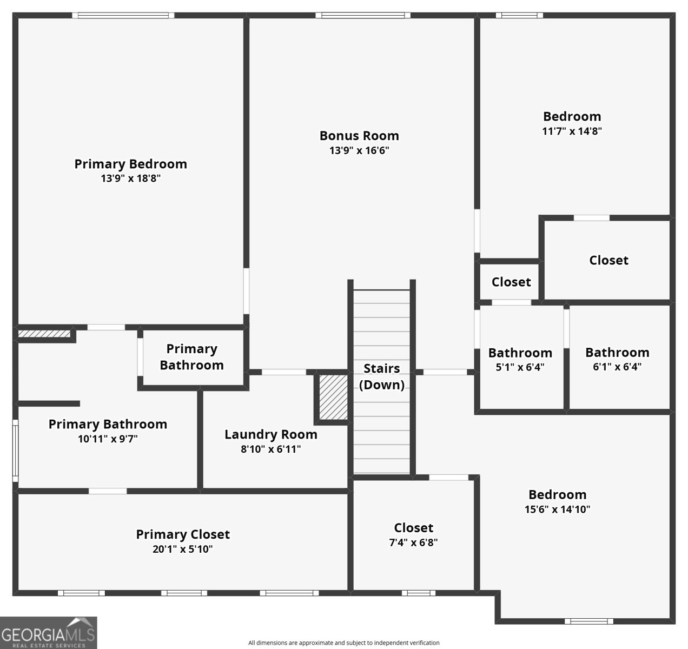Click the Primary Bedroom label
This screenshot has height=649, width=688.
[x=130, y=164]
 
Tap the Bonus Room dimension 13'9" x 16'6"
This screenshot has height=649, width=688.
[x=359, y=150]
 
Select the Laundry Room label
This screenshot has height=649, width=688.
[x=270, y=434]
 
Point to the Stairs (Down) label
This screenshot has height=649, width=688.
[x=381, y=376]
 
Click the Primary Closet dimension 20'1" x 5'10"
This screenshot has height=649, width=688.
[x=182, y=549]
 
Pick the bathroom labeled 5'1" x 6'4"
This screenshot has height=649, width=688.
[x=520, y=360]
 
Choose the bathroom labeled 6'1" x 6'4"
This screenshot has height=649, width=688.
[x=617, y=359]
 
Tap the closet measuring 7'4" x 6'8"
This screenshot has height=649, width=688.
[x=413, y=534]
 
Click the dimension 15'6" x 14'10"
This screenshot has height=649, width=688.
[x=557, y=509]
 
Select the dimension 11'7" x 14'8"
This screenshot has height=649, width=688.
[x=572, y=131]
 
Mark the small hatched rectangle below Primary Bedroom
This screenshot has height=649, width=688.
[x=44, y=334]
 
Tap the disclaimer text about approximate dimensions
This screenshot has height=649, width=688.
[x=343, y=643]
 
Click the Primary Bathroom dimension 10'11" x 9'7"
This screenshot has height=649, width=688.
[x=108, y=439]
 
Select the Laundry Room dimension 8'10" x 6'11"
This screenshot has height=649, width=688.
[x=270, y=449]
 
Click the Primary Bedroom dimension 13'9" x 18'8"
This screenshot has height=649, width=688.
[x=130, y=178]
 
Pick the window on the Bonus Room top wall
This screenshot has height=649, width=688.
[x=362, y=15]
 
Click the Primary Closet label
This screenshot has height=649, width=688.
[x=182, y=534]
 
